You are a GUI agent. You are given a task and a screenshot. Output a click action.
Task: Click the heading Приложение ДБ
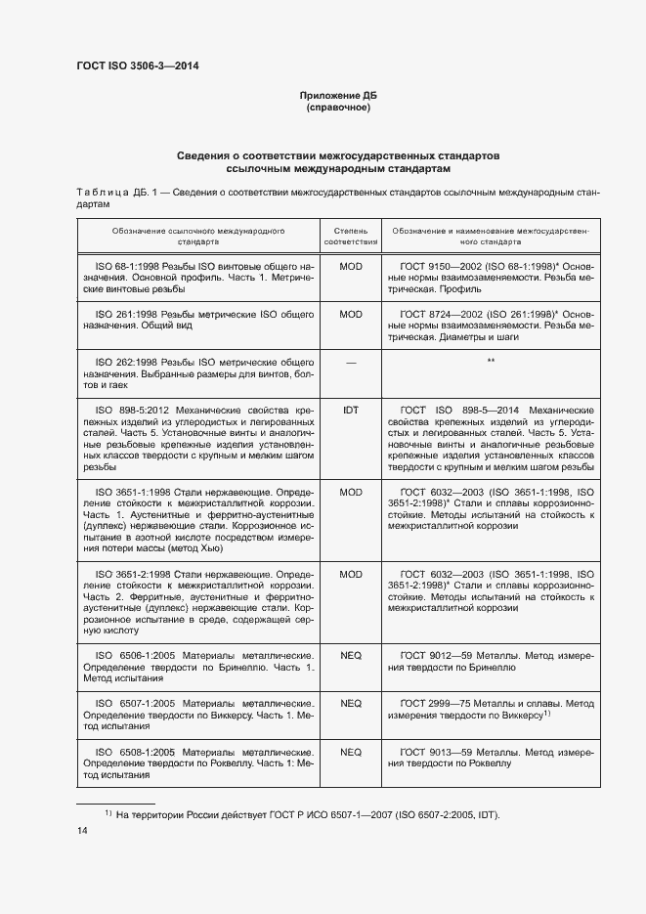tap(337, 95)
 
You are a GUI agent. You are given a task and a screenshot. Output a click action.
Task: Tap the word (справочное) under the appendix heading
tap(337, 107)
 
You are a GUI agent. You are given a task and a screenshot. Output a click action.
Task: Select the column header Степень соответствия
tap(350, 234)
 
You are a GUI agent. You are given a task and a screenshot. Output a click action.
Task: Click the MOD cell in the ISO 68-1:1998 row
tap(350, 266)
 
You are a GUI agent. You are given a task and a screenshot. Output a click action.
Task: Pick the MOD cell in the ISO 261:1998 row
tap(350, 315)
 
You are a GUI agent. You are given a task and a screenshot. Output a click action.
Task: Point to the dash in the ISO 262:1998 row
tap(350, 363)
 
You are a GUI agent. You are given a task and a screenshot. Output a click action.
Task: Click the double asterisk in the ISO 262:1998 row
tap(491, 363)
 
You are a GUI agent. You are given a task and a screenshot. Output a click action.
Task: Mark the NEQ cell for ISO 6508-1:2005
tap(350, 753)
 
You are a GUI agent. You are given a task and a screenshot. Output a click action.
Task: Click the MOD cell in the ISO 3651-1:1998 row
tap(350, 492)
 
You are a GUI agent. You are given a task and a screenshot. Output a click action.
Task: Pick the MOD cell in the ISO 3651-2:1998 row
tap(350, 574)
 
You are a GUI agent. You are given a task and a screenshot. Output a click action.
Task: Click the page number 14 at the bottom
tap(82, 831)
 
